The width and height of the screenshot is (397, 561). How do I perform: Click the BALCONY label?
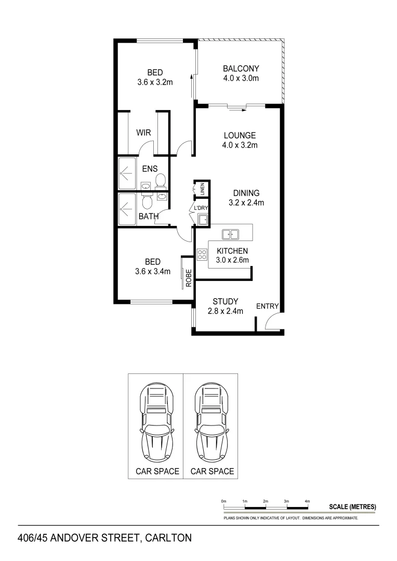[241, 69]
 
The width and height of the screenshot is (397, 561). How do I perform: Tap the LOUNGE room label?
[241, 135]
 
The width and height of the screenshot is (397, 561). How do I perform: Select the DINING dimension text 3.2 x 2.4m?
[246, 203]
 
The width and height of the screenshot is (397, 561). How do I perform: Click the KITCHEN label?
[232, 251]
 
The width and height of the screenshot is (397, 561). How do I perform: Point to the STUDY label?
[226, 301]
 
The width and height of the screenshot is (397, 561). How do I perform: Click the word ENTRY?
[268, 306]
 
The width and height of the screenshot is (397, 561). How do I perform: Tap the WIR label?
[143, 132]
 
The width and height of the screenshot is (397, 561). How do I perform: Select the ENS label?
[150, 168]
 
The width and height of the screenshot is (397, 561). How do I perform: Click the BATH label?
[148, 217]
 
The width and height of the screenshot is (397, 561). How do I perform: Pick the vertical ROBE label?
[189, 279]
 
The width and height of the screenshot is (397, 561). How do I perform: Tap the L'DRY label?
[201, 209]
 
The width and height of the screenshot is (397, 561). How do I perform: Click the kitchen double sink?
[231, 234]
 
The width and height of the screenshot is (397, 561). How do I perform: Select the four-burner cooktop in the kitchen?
[202, 255]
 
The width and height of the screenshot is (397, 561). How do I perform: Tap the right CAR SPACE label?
[212, 472]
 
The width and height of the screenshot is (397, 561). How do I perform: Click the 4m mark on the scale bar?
[308, 501]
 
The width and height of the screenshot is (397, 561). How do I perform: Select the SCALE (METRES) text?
[353, 506]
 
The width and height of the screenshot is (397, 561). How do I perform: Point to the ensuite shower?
[127, 174]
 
